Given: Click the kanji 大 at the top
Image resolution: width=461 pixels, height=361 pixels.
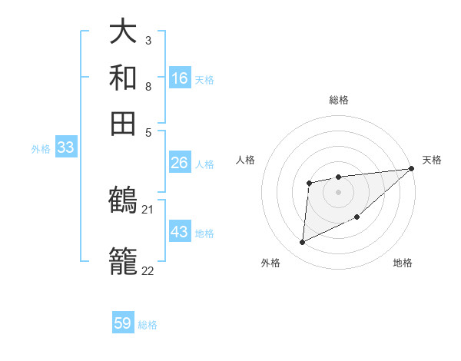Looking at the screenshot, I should (124, 32).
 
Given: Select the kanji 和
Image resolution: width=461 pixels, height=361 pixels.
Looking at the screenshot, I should (124, 77).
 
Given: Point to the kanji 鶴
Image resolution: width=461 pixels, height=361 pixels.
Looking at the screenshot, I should (124, 200).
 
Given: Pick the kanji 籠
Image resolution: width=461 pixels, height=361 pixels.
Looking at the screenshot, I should (124, 262).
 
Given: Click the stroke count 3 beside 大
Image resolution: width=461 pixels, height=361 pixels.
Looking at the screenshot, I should (148, 41).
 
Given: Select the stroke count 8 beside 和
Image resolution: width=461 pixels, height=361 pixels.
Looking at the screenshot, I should (148, 86).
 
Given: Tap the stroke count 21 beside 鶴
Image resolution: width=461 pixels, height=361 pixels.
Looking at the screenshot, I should (148, 209).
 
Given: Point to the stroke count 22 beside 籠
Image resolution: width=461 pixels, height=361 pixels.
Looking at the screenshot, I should (148, 270).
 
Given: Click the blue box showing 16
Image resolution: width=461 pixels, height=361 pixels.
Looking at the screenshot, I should (180, 78).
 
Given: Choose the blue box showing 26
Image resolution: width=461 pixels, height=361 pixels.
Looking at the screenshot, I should (180, 163).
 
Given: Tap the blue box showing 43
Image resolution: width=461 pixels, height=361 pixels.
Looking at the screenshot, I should (180, 232).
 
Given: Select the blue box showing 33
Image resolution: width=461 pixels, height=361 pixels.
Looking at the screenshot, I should (65, 148).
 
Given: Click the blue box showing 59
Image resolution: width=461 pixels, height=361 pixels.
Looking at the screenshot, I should (123, 323).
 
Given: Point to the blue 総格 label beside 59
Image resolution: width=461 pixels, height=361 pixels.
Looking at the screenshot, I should (148, 325).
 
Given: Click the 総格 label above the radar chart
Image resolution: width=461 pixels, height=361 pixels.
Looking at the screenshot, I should (339, 100).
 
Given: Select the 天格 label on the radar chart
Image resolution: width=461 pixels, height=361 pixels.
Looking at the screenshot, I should (432, 160).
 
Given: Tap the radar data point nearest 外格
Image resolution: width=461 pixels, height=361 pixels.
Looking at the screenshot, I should (302, 243).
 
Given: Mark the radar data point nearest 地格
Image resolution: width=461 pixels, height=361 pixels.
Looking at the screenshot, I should (357, 217).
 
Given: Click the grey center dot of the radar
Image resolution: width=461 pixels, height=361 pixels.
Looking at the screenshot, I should (338, 191).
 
